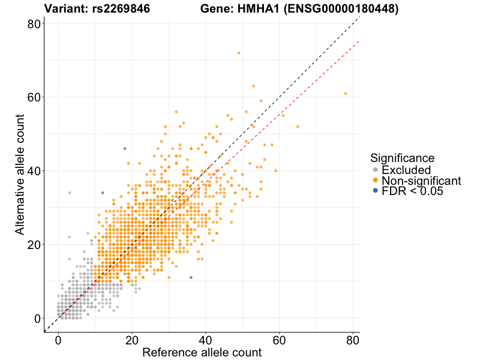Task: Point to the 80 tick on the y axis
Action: pyautogui.click(x=35, y=23)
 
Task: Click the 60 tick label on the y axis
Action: pyautogui.click(x=35, y=97)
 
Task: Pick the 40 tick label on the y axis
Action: pyautogui.click(x=35, y=171)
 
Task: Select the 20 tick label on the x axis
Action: pyautogui.click(x=132, y=339)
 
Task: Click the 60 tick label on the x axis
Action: pyautogui.click(x=279, y=339)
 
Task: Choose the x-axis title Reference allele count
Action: pyautogui.click(x=202, y=352)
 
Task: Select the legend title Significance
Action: pyautogui.click(x=402, y=158)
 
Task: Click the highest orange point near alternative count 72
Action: pyautogui.click(x=239, y=53)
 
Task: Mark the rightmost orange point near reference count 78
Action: pyautogui.click(x=346, y=94)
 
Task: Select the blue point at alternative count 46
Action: pyautogui.click(x=125, y=149)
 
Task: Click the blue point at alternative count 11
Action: pyautogui.click(x=191, y=278)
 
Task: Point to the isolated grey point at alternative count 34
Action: pyautogui.click(x=70, y=193)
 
